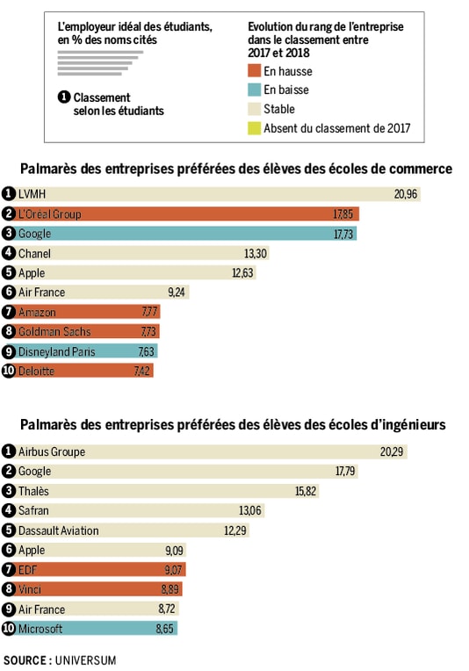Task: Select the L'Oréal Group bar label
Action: point(49,214)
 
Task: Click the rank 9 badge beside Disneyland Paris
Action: point(9,351)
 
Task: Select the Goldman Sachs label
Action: point(54,332)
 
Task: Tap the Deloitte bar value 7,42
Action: point(141,372)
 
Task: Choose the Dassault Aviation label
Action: point(58,530)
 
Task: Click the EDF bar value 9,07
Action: point(172,570)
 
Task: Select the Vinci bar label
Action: point(30,589)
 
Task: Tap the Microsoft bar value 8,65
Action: point(163,629)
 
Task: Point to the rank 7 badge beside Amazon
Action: point(9,312)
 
